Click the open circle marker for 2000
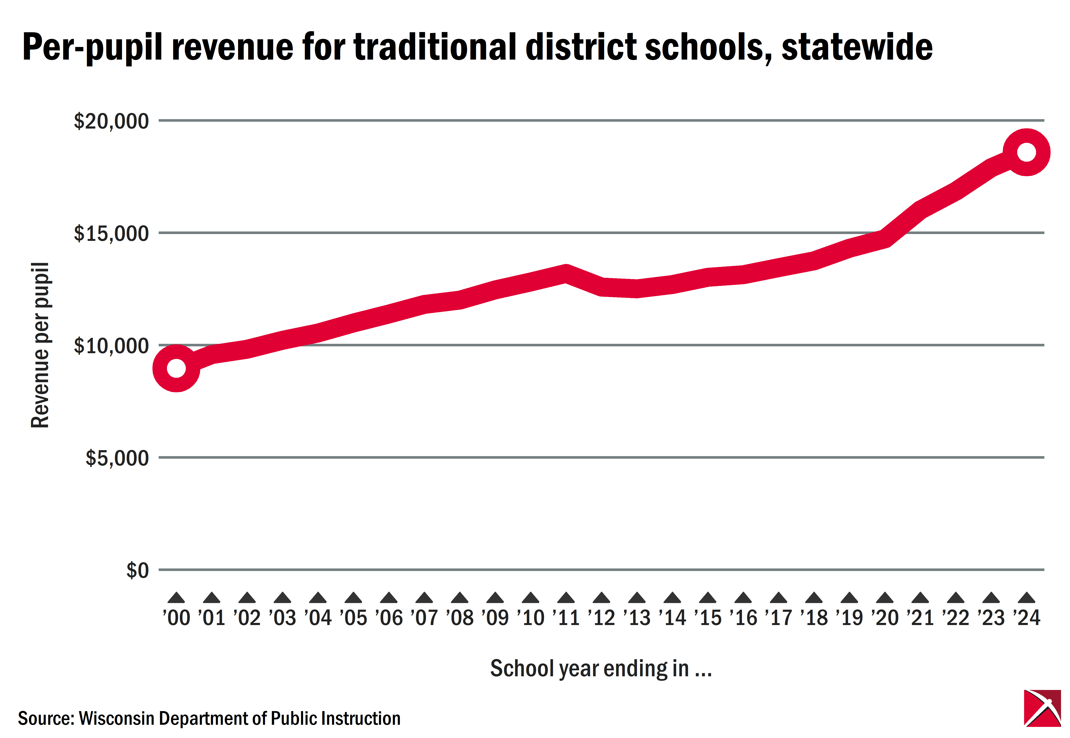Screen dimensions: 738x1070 [x=176, y=368]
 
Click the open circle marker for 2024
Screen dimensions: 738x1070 [x=1026, y=152]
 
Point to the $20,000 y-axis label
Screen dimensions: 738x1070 [x=111, y=121]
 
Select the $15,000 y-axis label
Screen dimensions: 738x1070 [x=111, y=234]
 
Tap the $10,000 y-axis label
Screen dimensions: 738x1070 [x=111, y=346]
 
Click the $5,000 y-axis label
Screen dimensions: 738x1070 [x=117, y=458]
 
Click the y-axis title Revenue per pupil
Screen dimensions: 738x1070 [x=40, y=345]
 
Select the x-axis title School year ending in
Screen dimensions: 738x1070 [x=601, y=669]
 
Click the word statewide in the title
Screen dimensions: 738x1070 [x=857, y=47]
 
